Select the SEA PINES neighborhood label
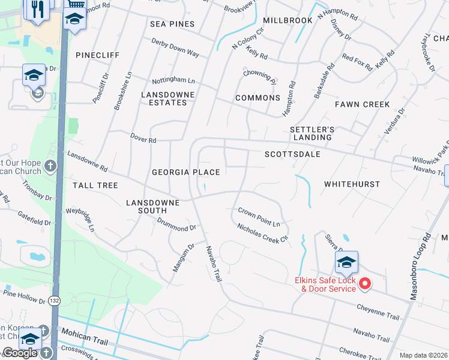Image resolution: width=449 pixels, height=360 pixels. pos(173,23)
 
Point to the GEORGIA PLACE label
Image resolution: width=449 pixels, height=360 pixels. pos(185,172)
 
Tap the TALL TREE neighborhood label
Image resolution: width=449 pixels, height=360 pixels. pos(95,185)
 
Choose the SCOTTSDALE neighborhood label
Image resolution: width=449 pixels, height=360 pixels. pos(292,154)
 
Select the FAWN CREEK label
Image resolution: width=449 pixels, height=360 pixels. pos(362,104)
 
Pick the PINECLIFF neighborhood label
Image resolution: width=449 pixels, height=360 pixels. pos(98,55)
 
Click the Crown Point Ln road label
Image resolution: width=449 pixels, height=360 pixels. pos(259,217)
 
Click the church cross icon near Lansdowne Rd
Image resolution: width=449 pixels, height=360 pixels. pos(50,165)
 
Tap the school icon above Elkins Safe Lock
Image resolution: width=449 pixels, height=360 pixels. pos(346,262)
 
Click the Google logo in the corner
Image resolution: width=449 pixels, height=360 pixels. pos(20,353)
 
